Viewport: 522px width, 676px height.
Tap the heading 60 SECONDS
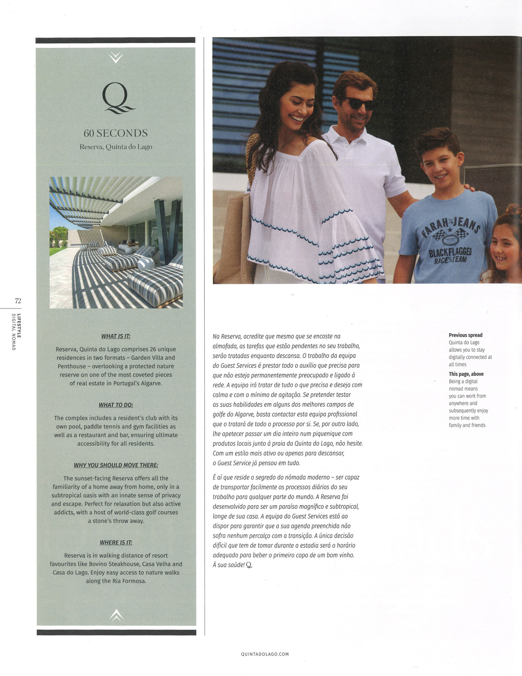pos(116,133)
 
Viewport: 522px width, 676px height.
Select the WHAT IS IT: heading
pos(116,336)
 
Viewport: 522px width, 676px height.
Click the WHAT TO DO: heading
pos(116,405)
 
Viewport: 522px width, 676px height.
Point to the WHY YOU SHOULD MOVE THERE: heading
pos(116,465)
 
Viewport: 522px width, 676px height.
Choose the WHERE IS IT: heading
pos(116,542)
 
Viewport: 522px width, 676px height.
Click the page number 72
pos(18,301)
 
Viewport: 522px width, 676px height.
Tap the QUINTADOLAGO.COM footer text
pos(265,654)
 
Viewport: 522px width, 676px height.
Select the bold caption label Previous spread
pos(465,335)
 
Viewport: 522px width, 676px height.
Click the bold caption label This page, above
pos(466,374)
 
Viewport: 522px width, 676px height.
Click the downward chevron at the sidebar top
pos(116,57)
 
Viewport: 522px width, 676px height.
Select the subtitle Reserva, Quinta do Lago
pos(116,147)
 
